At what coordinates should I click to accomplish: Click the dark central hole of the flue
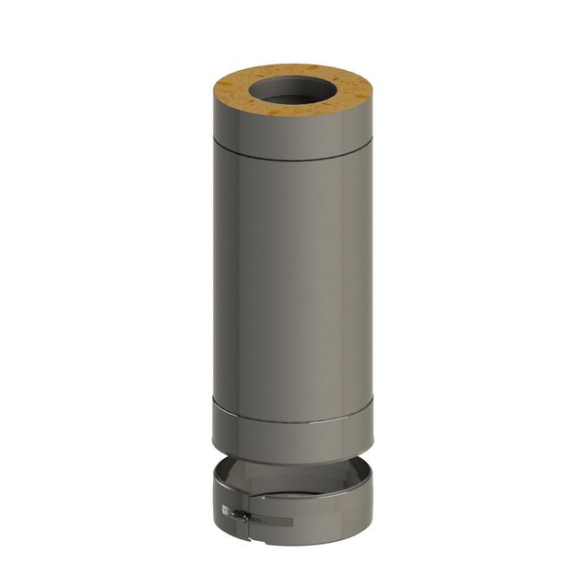[x=293, y=96]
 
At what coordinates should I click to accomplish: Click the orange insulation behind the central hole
[x=293, y=70]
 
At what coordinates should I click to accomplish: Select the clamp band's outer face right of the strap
[x=332, y=516]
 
